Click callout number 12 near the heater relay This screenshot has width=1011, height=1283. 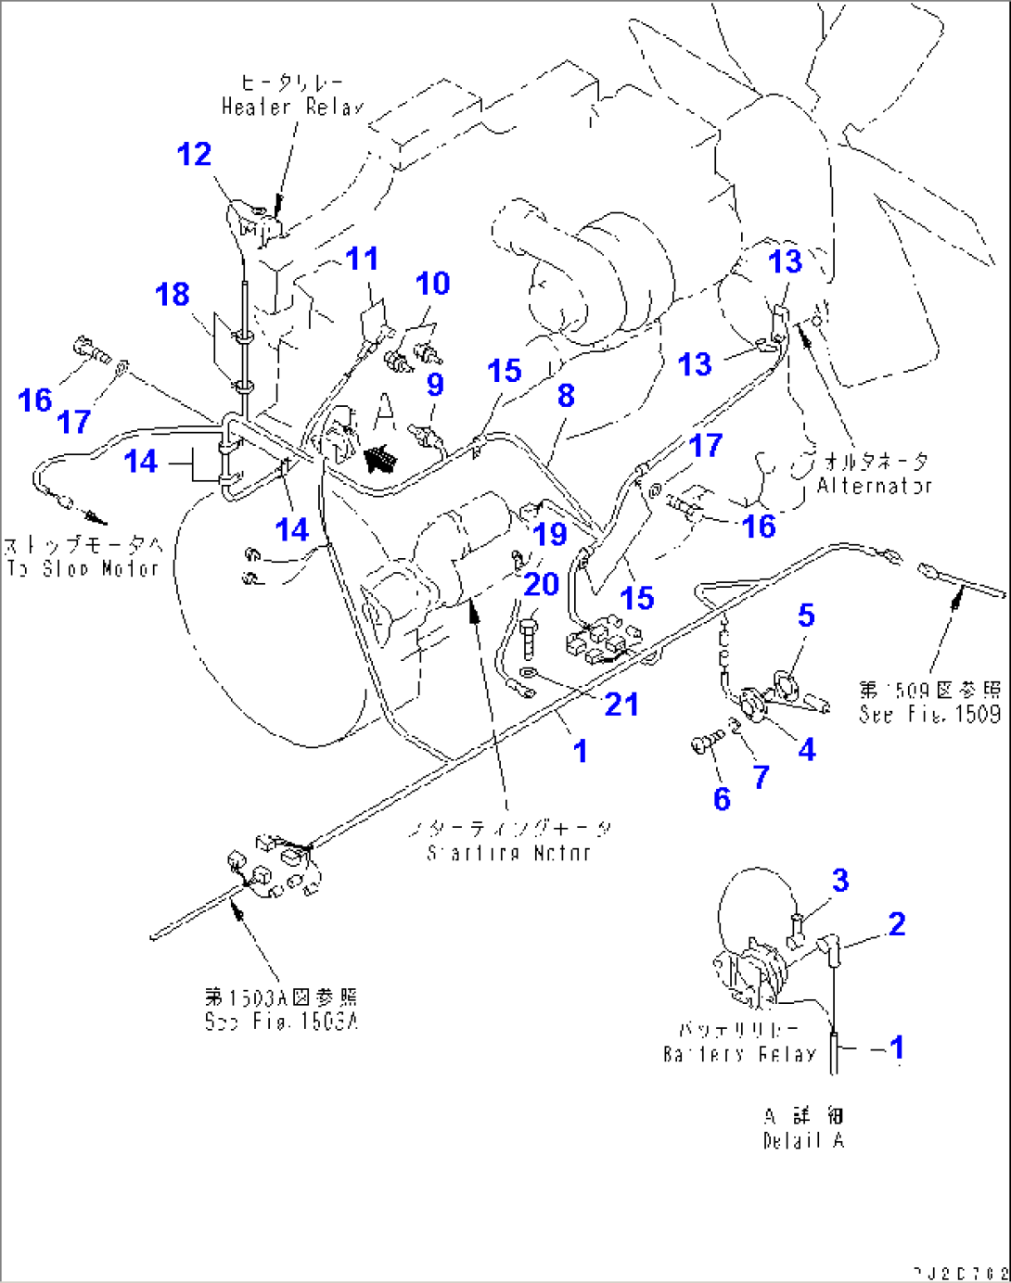194,154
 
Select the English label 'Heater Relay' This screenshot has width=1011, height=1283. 292,108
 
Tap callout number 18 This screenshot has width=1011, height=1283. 173,295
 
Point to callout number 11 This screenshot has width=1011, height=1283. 362,259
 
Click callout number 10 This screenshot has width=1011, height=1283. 432,284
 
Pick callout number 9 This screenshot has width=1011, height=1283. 434,385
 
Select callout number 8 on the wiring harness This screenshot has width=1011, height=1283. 566,396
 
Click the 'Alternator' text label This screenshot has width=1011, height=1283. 874,485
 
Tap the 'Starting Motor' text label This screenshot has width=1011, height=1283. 508,853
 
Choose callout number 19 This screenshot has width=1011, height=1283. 550,534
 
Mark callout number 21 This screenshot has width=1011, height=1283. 621,705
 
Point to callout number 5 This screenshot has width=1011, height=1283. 806,616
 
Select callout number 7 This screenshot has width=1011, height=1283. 761,777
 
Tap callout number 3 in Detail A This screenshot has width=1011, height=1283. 839,880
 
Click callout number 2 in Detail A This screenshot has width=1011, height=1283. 896,924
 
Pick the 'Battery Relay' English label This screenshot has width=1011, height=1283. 739,1054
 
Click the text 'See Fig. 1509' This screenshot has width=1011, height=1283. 929,714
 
